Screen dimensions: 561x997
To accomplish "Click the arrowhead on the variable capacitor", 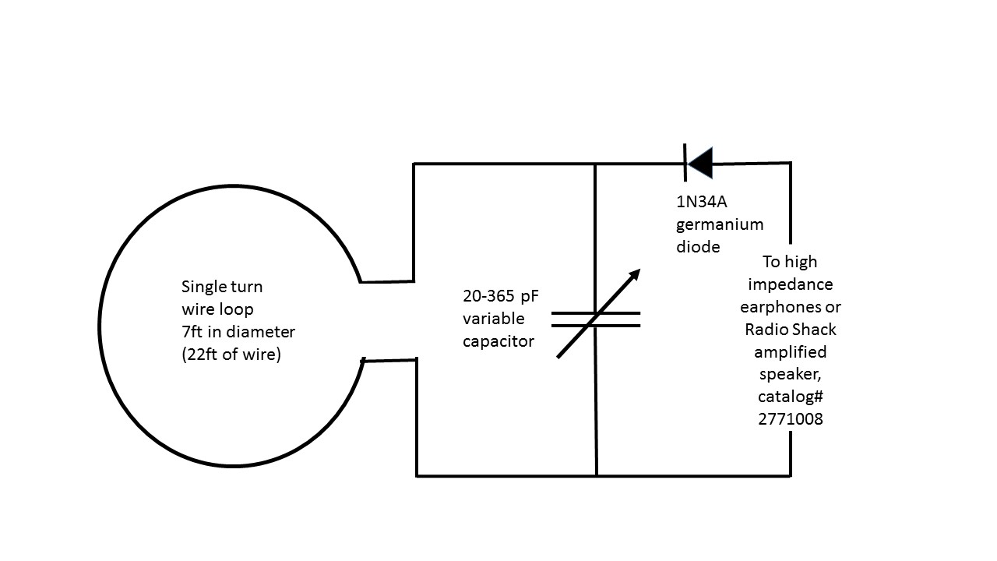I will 634,275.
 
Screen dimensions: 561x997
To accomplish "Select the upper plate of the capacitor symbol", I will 596,313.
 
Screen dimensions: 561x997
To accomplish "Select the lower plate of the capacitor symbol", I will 596,325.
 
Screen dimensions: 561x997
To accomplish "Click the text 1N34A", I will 701,202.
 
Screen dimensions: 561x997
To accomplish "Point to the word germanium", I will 720,224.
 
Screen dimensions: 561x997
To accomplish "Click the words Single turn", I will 227,286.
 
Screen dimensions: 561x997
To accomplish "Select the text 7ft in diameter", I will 238,331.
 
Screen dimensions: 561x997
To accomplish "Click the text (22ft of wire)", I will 231,354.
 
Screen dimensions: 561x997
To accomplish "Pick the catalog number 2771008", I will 791,418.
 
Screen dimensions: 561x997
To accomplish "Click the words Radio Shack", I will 791,329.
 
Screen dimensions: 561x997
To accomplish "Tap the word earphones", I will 791,306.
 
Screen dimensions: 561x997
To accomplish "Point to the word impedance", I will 791,284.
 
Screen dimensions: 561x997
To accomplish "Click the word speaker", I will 791,374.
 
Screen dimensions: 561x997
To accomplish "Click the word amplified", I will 791,351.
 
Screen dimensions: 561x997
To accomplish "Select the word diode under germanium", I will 698,246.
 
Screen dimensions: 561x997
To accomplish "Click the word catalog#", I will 791,396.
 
